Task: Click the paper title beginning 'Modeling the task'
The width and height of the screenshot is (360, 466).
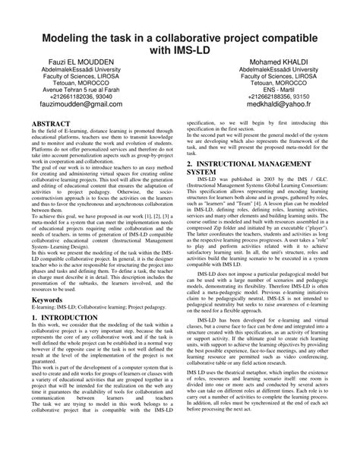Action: tap(180, 43)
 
